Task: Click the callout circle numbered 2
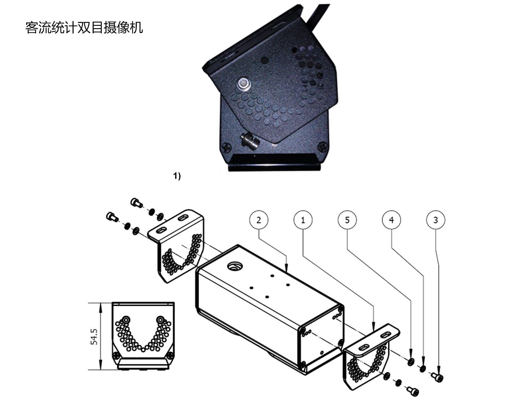pos(258,220)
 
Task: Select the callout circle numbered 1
pos(303,220)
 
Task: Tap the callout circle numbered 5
pos(347,220)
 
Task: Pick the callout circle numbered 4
pos(391,220)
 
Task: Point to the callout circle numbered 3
pos(436,220)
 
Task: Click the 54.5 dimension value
pos(94,336)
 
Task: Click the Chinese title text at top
pos(84,28)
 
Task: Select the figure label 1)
pos(177,176)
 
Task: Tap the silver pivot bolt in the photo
pos(244,84)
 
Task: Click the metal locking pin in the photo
pos(250,142)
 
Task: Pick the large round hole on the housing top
pos(234,266)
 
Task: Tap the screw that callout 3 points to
pos(437,377)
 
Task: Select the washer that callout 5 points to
pos(411,361)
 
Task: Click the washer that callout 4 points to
pos(422,369)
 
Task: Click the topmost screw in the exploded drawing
pos(136,203)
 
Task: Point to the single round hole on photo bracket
pos(265,60)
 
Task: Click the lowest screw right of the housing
pos(412,392)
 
